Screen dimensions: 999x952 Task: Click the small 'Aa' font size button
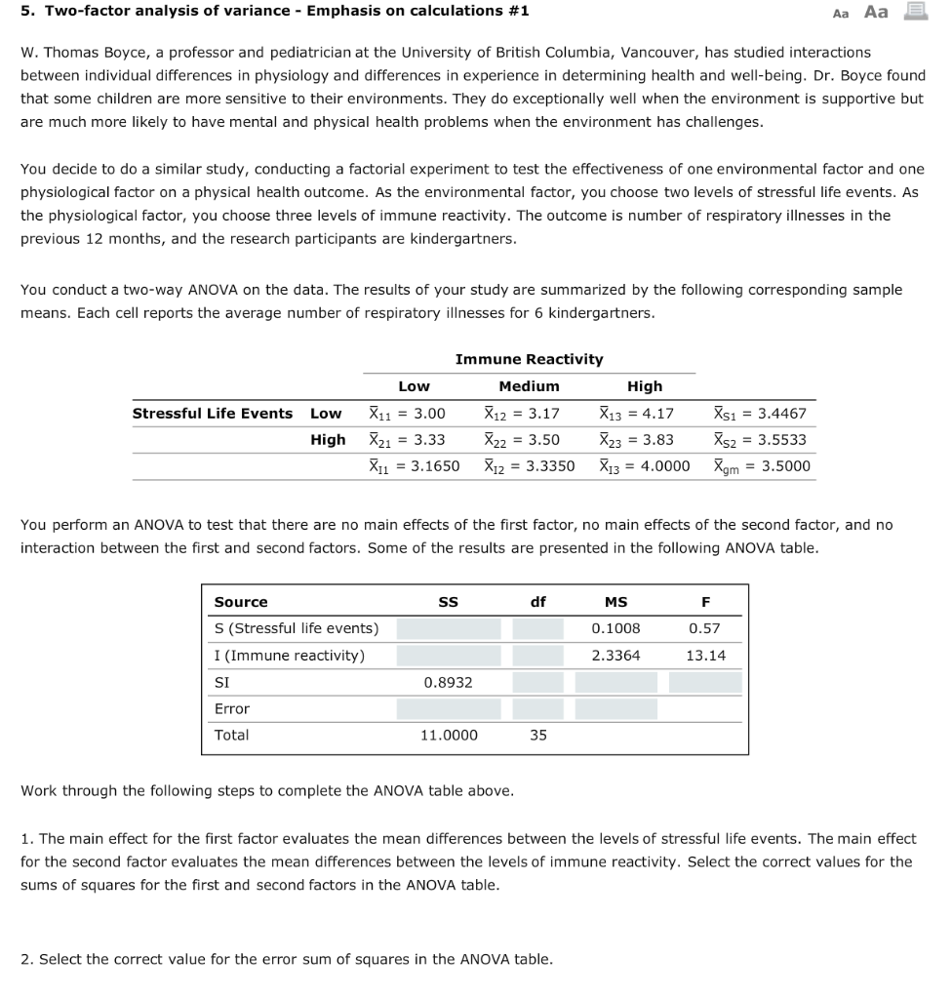click(841, 13)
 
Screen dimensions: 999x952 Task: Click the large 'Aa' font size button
click(876, 12)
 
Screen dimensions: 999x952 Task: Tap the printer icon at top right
click(916, 12)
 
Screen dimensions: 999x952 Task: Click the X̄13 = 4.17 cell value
click(636, 413)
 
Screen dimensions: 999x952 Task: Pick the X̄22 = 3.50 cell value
click(522, 439)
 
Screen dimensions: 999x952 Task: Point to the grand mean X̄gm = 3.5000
click(761, 466)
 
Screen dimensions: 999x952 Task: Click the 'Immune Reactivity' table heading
click(529, 359)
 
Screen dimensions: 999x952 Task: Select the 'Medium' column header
click(529, 386)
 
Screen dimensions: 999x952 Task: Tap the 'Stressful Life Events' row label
click(213, 413)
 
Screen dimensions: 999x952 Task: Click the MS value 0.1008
click(615, 628)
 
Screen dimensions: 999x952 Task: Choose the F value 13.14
click(705, 655)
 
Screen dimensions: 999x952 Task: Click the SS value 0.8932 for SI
click(448, 682)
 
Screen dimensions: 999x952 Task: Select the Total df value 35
click(538, 735)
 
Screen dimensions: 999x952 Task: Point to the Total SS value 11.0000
click(448, 735)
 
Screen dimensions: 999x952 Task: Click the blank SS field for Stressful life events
click(448, 628)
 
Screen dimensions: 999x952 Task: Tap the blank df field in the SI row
click(538, 682)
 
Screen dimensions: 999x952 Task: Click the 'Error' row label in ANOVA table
click(232, 708)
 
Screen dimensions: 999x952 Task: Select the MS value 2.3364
click(615, 655)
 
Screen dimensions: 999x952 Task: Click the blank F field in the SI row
click(705, 682)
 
